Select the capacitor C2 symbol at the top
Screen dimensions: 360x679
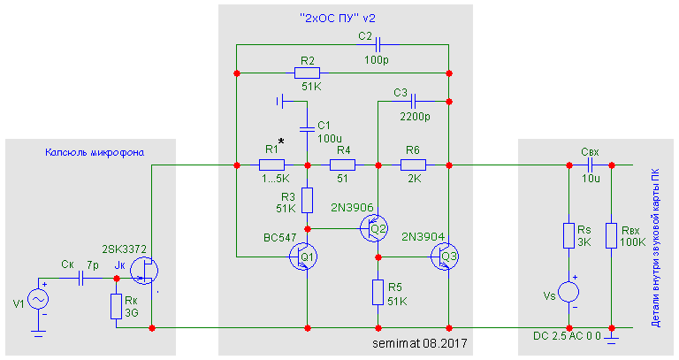pyautogui.click(x=378, y=44)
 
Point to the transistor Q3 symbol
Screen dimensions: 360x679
pyautogui.click(x=446, y=257)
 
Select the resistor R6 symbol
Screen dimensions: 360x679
pyautogui.click(x=413, y=165)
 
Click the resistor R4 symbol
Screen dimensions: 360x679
pyautogui.click(x=342, y=165)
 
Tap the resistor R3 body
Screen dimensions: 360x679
pyautogui.click(x=307, y=199)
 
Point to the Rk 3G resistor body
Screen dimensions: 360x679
pyautogui.click(x=116, y=305)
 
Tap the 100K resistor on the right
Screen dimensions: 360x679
pyautogui.click(x=611, y=235)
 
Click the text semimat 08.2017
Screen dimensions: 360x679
pyautogui.click(x=419, y=341)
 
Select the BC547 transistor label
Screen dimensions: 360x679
pyautogui.click(x=278, y=238)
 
